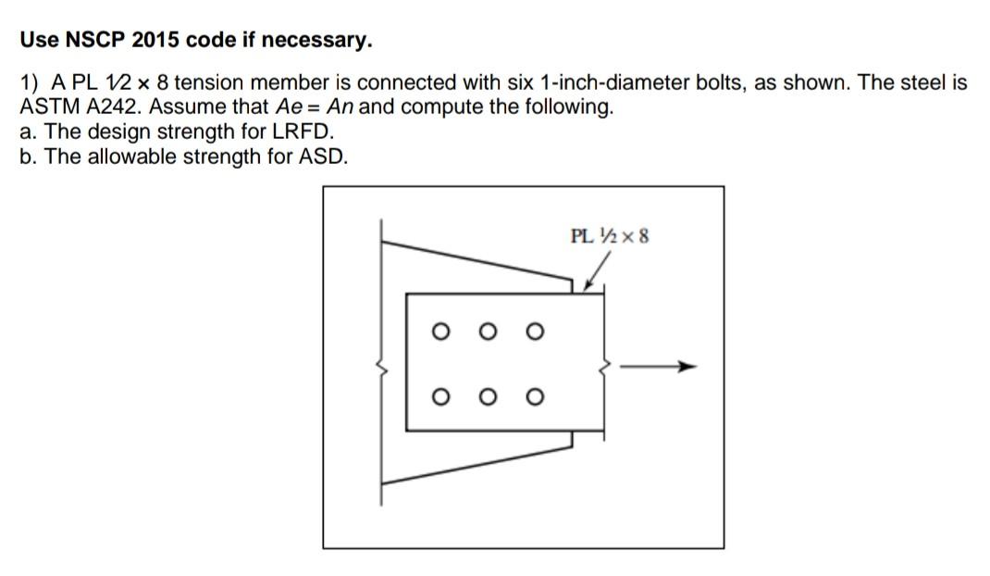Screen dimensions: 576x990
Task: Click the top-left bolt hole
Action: tap(441, 330)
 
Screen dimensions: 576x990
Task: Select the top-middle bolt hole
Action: tap(487, 330)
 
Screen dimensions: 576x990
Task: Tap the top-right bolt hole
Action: tap(532, 330)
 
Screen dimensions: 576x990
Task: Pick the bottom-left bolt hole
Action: tap(441, 397)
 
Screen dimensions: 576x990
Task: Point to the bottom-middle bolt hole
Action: tap(487, 397)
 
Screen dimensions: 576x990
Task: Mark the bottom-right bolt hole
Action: tap(532, 397)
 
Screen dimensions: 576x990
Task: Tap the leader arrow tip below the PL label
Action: tap(586, 290)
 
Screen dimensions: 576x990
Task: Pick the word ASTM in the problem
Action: tap(45, 106)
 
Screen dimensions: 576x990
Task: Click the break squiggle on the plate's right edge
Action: tap(606, 368)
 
